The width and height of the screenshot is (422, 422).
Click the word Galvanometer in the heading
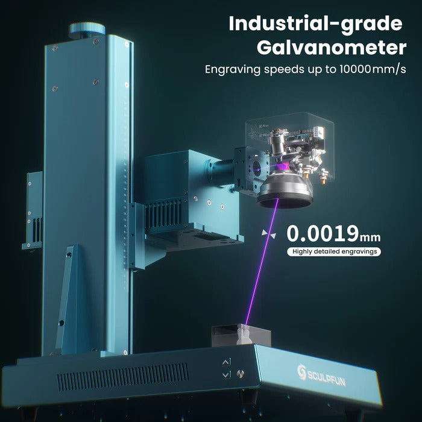coord(330,47)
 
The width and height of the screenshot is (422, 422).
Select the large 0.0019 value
coord(321,232)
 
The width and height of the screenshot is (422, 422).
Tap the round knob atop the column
coord(87,29)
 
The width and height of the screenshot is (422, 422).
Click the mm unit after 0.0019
coord(370,235)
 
